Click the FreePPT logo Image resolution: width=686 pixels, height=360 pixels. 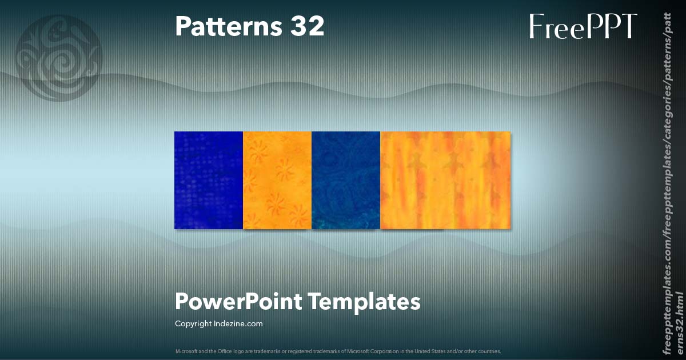point(583,26)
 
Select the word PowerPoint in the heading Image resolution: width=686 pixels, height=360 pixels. point(238,301)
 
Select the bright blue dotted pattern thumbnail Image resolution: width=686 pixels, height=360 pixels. point(209,180)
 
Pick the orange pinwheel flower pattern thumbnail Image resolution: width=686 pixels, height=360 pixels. point(277,180)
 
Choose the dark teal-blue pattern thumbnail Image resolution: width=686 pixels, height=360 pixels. point(346,180)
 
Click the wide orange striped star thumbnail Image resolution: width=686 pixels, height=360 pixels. point(445,180)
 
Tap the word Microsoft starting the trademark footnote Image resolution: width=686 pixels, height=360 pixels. point(185,351)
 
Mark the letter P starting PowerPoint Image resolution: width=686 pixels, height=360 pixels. point(182,301)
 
